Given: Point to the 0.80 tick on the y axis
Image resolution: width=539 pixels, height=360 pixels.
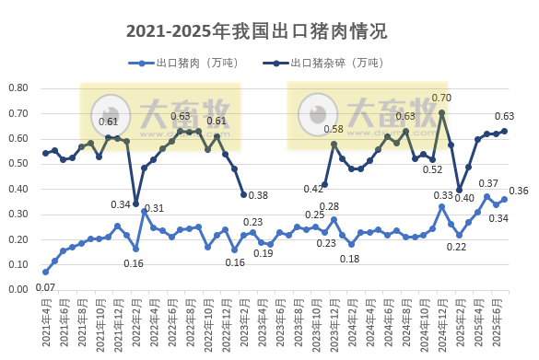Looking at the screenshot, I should pyautogui.click(x=18, y=88).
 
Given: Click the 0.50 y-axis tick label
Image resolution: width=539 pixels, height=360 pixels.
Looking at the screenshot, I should pyautogui.click(x=18, y=164).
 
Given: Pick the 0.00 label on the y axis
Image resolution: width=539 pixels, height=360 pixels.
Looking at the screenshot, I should pyautogui.click(x=18, y=289).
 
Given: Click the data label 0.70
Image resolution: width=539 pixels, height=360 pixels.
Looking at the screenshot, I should pyautogui.click(x=441, y=98).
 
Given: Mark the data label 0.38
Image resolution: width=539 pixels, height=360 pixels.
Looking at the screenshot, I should pyautogui.click(x=259, y=195).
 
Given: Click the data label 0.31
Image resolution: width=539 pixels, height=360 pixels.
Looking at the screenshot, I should pyautogui.click(x=154, y=208).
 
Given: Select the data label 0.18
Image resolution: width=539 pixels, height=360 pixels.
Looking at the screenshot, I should pyautogui.click(x=350, y=259).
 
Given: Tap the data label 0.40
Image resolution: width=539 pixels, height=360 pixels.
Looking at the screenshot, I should pyautogui.click(x=464, y=198).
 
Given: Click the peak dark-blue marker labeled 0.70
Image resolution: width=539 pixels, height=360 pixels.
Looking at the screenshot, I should pyautogui.click(x=442, y=113).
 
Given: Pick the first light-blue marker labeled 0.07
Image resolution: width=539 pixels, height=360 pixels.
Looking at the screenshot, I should pyautogui.click(x=45, y=272).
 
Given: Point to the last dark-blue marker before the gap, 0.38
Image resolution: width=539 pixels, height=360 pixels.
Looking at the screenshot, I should pyautogui.click(x=243, y=194).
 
